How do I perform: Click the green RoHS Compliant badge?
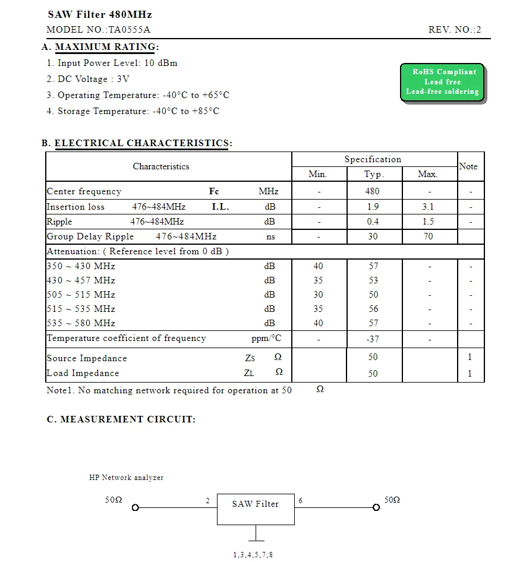click(442, 82)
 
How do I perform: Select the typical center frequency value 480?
click(372, 191)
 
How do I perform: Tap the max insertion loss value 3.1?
click(428, 207)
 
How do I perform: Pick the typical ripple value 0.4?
click(373, 222)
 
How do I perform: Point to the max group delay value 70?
click(428, 236)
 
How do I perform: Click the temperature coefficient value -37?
click(373, 339)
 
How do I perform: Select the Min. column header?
click(318, 174)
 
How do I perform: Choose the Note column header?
click(468, 166)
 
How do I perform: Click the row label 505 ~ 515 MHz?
click(81, 295)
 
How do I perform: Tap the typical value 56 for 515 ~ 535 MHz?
click(373, 309)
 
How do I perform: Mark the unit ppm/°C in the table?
click(266, 339)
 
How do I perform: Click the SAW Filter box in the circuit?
click(256, 509)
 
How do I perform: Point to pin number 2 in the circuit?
click(208, 501)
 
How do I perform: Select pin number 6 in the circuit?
click(301, 501)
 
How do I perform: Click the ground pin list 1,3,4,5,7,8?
click(253, 555)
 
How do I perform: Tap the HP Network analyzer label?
click(126, 478)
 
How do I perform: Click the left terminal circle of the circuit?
click(136, 508)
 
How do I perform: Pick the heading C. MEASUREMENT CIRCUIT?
click(121, 419)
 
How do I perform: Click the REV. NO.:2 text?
click(455, 30)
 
